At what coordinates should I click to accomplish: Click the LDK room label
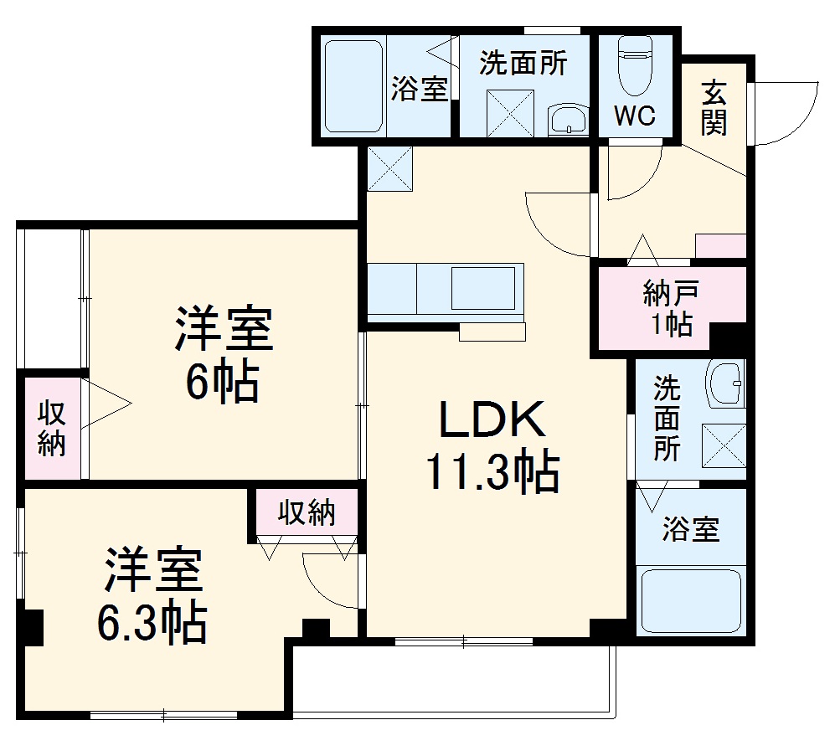click(x=492, y=421)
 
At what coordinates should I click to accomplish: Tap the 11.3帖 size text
click(x=492, y=473)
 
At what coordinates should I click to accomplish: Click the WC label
click(x=636, y=117)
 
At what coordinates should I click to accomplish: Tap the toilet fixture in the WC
click(x=635, y=70)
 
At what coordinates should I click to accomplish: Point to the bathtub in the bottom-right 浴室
click(x=690, y=601)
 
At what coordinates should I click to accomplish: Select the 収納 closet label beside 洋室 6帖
click(x=52, y=428)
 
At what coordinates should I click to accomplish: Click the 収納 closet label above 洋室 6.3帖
click(x=307, y=512)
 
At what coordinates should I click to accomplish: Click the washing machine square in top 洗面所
click(x=509, y=113)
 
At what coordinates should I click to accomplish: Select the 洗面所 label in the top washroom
click(x=523, y=64)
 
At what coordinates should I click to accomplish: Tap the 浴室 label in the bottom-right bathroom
click(x=690, y=529)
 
